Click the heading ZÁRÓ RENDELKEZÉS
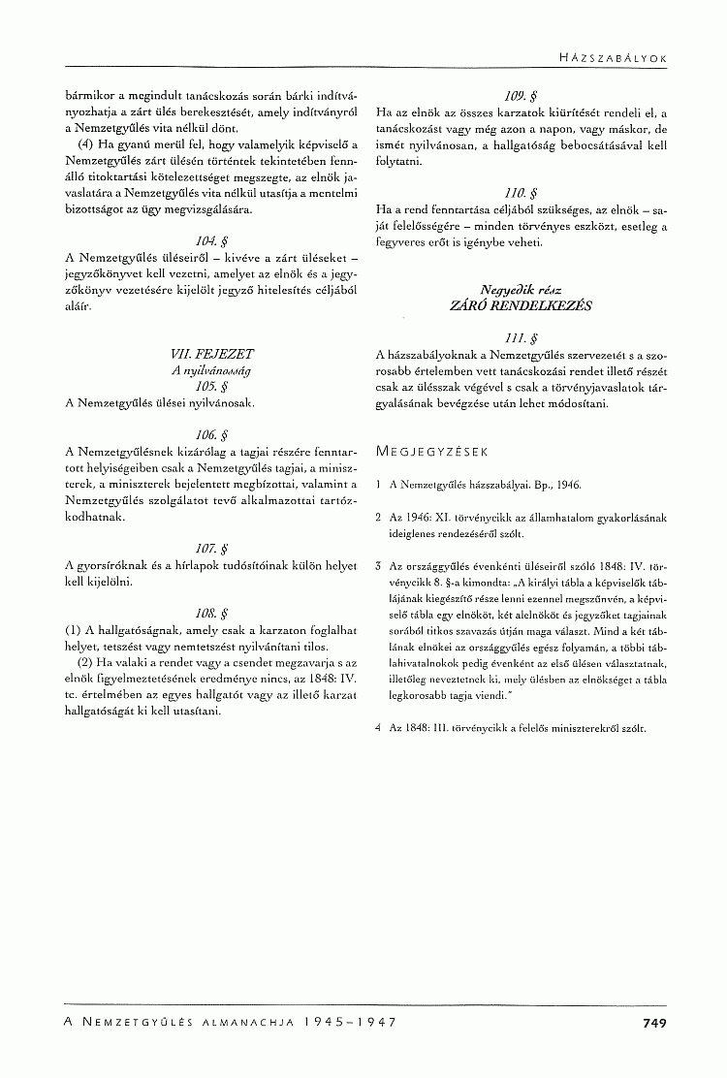pyautogui.click(x=521, y=304)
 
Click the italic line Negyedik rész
pyautogui.click(x=521, y=289)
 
